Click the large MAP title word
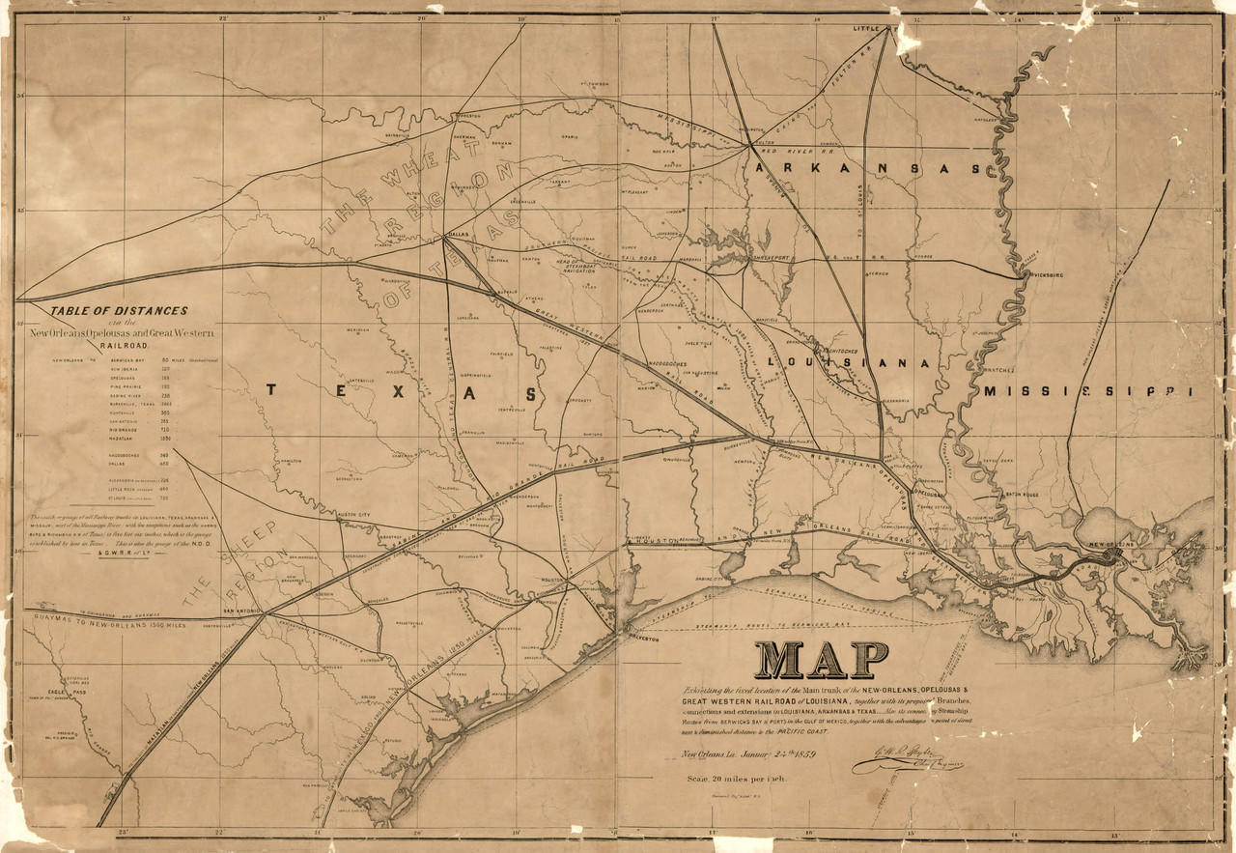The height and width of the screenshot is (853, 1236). pos(822,660)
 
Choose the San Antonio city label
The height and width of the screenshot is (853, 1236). pos(243,611)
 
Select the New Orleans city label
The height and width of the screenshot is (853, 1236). pos(1110,548)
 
